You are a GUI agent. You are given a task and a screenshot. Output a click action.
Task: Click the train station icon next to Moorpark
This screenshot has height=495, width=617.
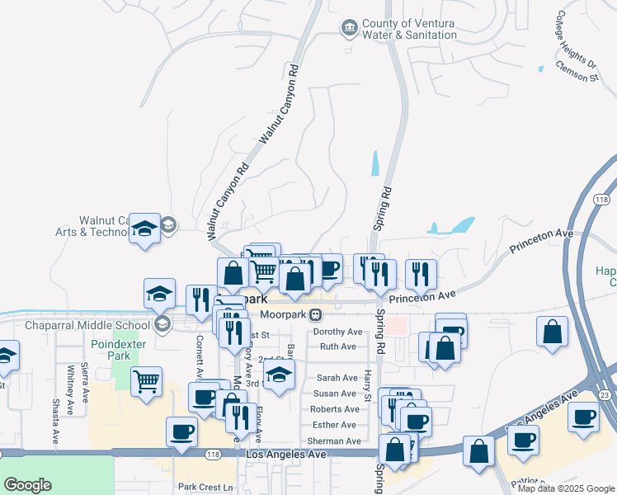tap(316, 314)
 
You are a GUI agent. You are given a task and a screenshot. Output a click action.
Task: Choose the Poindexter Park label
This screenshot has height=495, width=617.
tap(111, 350)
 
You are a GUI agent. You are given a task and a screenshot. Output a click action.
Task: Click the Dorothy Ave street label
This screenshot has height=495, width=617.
tap(337, 332)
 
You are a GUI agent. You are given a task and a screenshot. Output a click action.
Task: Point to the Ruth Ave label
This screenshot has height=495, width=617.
tap(337, 346)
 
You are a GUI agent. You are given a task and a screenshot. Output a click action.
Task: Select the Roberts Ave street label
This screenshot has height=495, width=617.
tap(334, 409)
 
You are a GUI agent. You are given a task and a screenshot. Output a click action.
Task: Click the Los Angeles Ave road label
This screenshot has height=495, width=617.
tap(284, 455)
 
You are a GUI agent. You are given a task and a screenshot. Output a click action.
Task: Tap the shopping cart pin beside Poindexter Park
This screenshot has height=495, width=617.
tap(147, 381)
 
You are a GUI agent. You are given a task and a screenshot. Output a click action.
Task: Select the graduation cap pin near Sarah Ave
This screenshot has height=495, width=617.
tap(280, 375)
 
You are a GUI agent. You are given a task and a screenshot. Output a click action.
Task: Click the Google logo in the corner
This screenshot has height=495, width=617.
tap(27, 485)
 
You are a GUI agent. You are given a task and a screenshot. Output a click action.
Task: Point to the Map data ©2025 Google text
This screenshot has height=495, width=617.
tap(566, 489)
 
